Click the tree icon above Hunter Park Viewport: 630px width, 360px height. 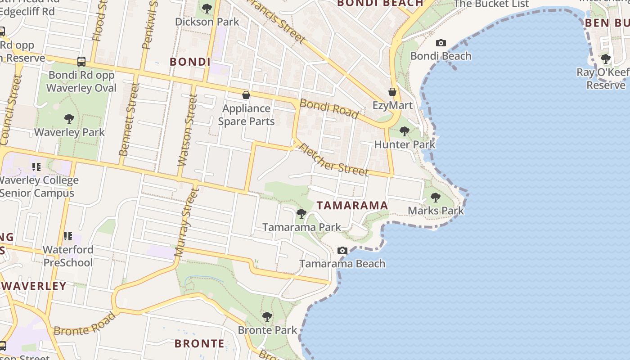pos(405,131)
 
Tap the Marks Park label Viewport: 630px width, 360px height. pos(436,211)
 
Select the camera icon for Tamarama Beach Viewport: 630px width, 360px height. pos(342,250)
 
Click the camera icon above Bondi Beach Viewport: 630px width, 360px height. pos(441,43)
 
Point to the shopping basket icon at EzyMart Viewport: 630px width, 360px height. pos(392,92)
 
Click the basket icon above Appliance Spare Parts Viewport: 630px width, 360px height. pos(246,95)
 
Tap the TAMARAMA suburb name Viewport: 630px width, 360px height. pos(352,206)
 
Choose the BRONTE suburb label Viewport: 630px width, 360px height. pos(199,344)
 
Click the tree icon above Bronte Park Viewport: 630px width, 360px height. pos(267,316)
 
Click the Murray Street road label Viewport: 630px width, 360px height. pos(186,222)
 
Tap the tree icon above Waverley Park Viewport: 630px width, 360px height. pos(69,119)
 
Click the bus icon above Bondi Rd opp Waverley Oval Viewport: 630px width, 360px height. pos(81,62)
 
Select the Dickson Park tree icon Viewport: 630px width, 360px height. pos(207,8)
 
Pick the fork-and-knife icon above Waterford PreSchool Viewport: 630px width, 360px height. pos(68,236)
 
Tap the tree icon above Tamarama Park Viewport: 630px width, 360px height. pos(301,214)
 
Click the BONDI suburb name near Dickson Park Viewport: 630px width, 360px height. pos(190,62)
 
